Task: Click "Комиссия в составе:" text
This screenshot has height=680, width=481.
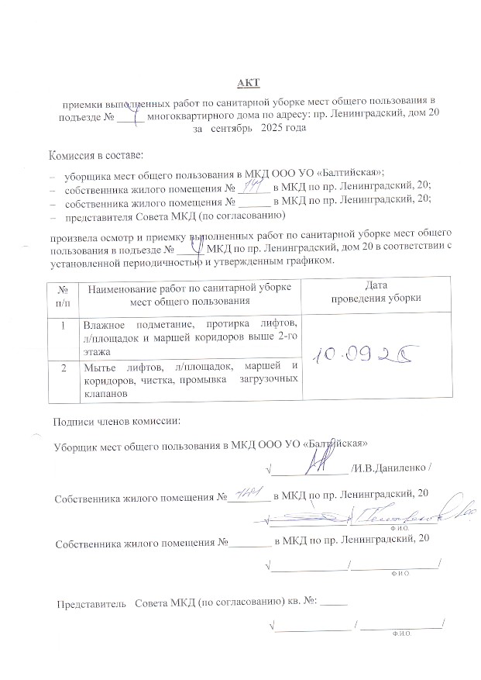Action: coord(96,156)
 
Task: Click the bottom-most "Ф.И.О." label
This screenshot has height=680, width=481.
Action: coord(401,633)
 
